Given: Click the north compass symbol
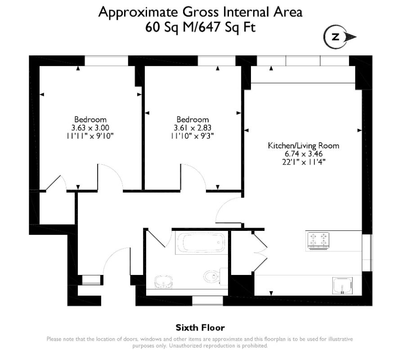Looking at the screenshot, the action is pos(340,37).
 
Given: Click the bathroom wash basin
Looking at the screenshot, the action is pos(164,282).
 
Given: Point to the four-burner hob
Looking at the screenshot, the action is pos(318,240).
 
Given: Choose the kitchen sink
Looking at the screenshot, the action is pos(342,286).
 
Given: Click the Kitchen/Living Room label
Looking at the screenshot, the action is pos(304,146).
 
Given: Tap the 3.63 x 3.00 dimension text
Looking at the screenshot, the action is pos(90,128).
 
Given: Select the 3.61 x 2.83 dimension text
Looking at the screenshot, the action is pos(192,128).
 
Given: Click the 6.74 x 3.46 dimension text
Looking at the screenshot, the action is pos(304,154).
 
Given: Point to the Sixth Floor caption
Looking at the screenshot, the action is pos(200,328).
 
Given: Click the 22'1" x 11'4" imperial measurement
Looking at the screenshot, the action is pos(304,162).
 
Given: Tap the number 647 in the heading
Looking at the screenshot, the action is pos(209,27).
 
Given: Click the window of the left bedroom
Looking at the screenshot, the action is pos(106,61).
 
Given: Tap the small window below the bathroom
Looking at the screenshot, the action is pos(207,301).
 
